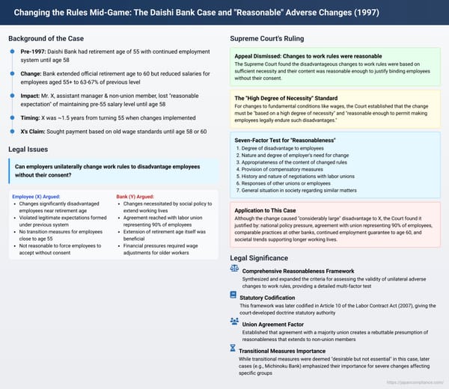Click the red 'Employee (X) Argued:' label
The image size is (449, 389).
[37, 196]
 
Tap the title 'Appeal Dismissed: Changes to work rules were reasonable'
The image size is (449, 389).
[310, 56]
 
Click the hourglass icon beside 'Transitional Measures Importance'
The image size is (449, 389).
[233, 349]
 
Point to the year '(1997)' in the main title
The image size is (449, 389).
[427, 12]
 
